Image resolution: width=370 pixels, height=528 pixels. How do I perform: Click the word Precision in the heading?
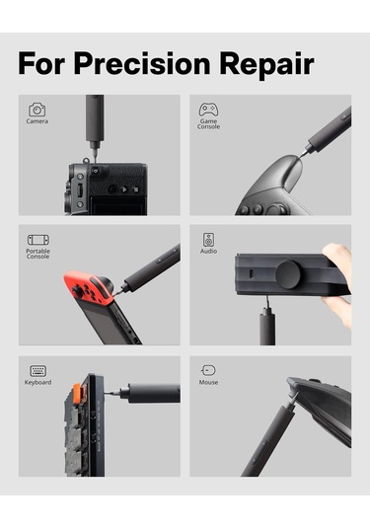(142, 63)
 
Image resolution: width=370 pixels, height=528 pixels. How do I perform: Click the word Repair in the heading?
(267, 65)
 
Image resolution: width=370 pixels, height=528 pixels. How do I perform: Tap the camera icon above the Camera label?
(37, 110)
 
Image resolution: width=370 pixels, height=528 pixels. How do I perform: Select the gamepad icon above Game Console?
(208, 110)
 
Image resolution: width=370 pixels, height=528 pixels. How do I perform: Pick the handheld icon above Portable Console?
(38, 240)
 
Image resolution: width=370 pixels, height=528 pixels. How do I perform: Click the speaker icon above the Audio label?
(208, 240)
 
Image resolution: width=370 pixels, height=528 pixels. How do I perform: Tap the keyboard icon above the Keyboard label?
(38, 371)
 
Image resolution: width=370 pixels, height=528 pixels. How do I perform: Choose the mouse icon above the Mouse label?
(208, 370)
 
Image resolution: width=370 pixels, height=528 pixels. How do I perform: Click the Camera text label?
(37, 121)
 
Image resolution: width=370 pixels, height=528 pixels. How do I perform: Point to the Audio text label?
(208, 252)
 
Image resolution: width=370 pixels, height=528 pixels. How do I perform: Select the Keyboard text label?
(38, 382)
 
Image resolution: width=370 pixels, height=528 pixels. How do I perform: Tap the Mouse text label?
(208, 382)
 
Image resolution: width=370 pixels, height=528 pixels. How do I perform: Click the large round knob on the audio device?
(288, 274)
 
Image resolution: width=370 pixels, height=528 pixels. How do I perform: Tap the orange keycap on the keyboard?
(76, 391)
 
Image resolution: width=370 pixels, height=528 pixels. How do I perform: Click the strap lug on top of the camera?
(86, 161)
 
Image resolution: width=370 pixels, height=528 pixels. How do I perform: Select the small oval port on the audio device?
(251, 273)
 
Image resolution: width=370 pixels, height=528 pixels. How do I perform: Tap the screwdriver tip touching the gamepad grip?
(300, 157)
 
